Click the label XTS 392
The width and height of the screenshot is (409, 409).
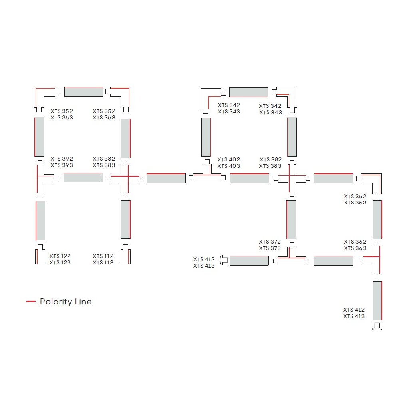pos(62,159)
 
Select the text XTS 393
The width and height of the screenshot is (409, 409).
pos(62,165)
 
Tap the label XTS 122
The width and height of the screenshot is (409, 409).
pos(60,256)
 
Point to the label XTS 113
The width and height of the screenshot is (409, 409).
pos(103,263)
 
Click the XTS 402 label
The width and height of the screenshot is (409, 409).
pos(229,159)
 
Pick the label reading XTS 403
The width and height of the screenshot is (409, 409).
pos(229,166)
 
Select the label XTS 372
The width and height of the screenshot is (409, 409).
pos(270,242)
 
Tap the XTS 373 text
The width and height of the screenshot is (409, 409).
pos(270,248)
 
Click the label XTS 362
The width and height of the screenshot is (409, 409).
pos(355,242)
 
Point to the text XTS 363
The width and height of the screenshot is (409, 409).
pos(355,248)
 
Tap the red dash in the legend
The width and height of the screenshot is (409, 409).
pos(30,302)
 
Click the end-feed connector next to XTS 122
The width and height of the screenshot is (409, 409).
pos(40,254)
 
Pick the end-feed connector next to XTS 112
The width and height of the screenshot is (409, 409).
pos(125,254)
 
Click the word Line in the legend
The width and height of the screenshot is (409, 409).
pos(83,302)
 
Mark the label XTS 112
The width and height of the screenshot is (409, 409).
pos(103,256)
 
